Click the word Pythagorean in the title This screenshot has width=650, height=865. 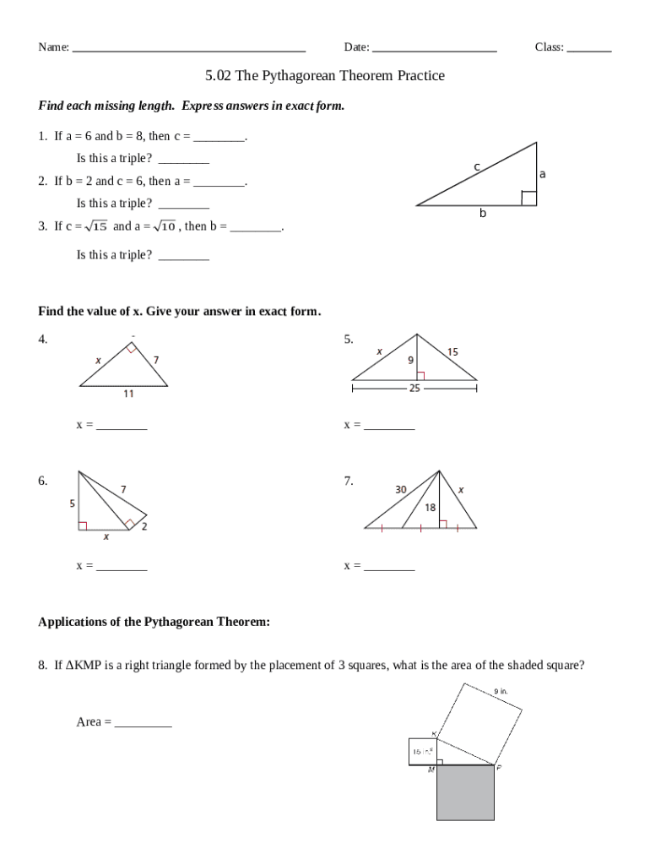coord(300,76)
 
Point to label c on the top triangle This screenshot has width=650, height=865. coord(476,167)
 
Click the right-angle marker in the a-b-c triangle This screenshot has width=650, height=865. coord(528,199)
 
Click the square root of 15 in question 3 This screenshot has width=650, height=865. coord(97,226)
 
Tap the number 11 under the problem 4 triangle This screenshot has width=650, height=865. coord(127,394)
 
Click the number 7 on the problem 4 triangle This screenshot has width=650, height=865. coord(156,360)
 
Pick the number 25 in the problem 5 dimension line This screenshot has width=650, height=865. coord(414,389)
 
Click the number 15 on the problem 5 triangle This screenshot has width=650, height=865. coord(453,351)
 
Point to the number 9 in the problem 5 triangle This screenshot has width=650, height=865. coord(410,361)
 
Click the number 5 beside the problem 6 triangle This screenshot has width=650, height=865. coord(72,503)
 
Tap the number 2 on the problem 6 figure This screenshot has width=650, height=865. coord(144,527)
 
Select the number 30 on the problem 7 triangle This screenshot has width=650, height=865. coord(401,489)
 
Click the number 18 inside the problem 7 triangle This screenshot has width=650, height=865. coord(430,508)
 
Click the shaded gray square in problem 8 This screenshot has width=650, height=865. coord(465,792)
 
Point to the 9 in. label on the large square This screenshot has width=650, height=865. coord(501,691)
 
